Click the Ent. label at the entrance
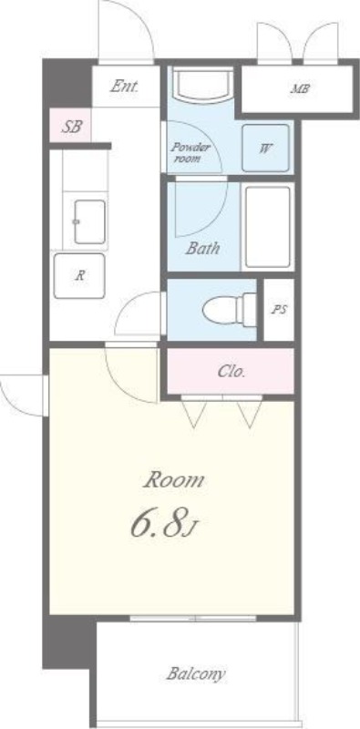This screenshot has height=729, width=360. click(x=124, y=87)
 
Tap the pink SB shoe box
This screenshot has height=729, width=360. click(x=70, y=125)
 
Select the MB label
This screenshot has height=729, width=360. click(x=300, y=88)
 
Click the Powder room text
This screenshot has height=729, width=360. click(x=190, y=152)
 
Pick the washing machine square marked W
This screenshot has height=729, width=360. click(x=265, y=149)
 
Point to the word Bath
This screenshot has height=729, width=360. click(x=202, y=248)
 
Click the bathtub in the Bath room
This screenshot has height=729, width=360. click(x=268, y=227)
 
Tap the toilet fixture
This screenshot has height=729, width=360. click(x=230, y=308)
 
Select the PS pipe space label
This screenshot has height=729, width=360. click(x=279, y=310)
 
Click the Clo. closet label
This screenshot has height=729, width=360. click(x=231, y=372)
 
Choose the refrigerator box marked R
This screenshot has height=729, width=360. click(x=79, y=276)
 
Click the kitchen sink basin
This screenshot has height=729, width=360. click(x=89, y=221)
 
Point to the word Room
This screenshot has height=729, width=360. click(x=174, y=480)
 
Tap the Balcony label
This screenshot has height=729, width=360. click(x=196, y=673)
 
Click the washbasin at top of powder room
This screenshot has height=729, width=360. click(x=203, y=85)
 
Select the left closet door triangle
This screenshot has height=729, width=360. click(x=193, y=413)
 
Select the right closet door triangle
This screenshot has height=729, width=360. click(x=250, y=413)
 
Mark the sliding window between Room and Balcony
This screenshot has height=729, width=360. click(x=193, y=619)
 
